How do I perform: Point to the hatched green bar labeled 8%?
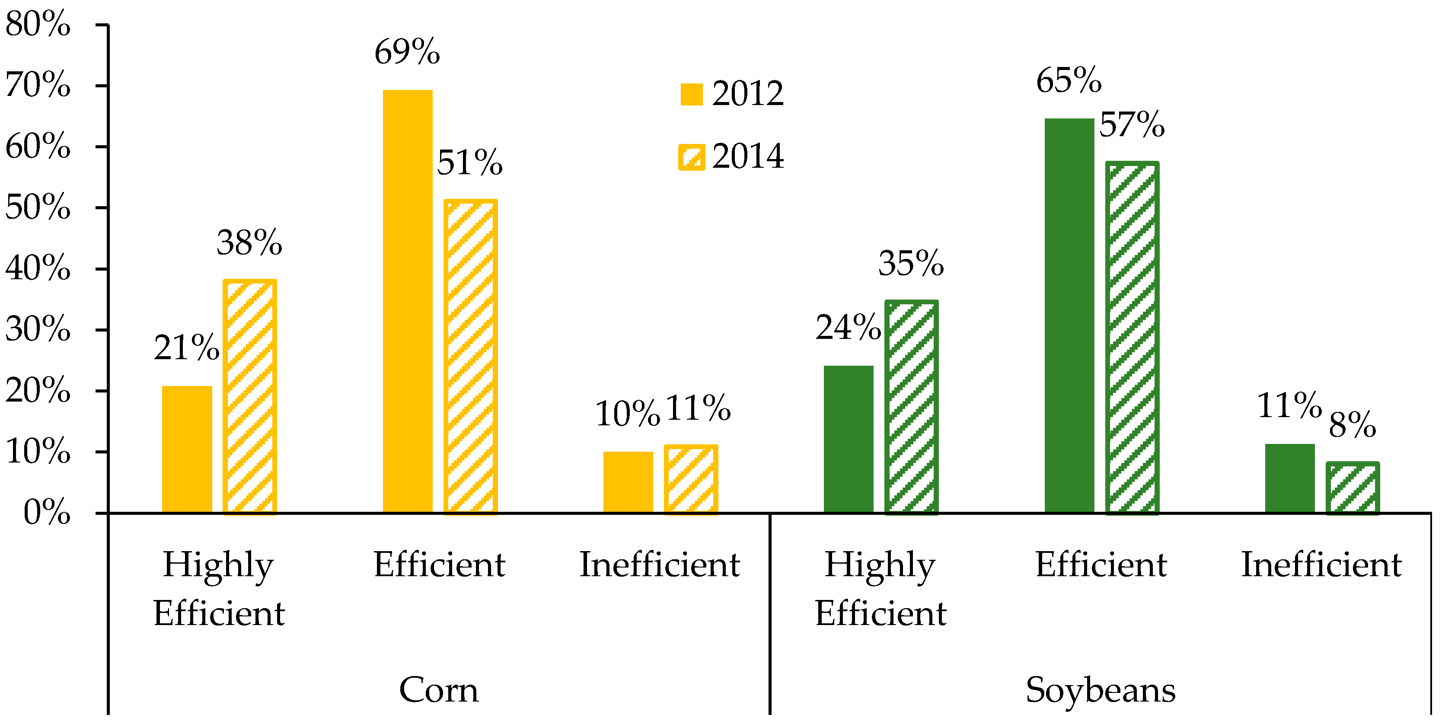pos(1353,488)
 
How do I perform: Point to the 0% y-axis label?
pos(47,512)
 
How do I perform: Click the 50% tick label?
pos(38,207)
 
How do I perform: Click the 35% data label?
pos(911,263)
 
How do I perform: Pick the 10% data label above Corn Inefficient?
pos(628,414)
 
